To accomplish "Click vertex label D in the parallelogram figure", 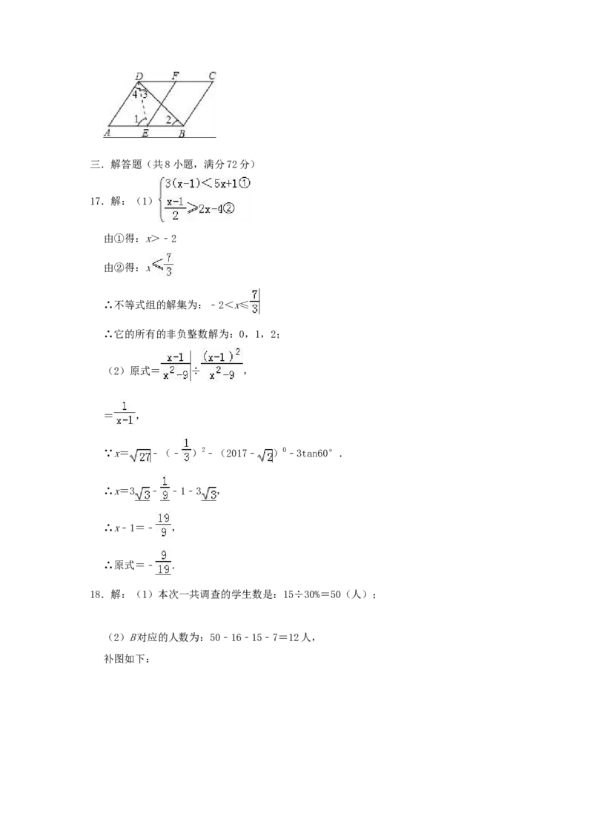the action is (x=139, y=76).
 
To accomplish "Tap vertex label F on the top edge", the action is (x=175, y=76).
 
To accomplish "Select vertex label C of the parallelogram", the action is (x=212, y=76).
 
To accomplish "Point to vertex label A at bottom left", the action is (x=107, y=133).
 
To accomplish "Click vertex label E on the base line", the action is (x=145, y=133).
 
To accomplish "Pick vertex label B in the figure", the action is (x=182, y=133).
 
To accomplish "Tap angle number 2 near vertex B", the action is (x=168, y=120).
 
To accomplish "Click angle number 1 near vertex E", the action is (x=136, y=119).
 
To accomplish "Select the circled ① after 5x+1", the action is (x=244, y=183).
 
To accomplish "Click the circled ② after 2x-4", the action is (x=228, y=209).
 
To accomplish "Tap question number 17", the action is (x=96, y=202).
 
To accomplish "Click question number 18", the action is (x=96, y=594).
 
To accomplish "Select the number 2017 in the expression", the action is (x=236, y=454).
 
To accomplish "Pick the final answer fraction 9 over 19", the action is (x=164, y=563).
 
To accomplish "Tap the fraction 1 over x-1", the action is (x=125, y=413).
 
